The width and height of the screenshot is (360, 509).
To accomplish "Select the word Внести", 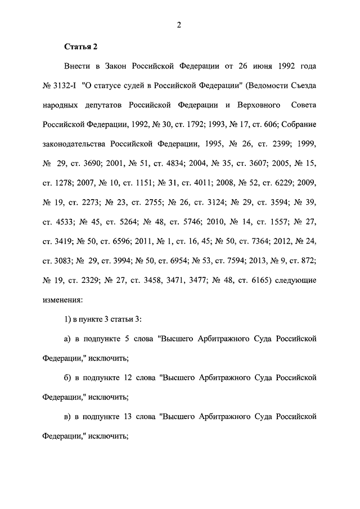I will pos(77,66).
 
